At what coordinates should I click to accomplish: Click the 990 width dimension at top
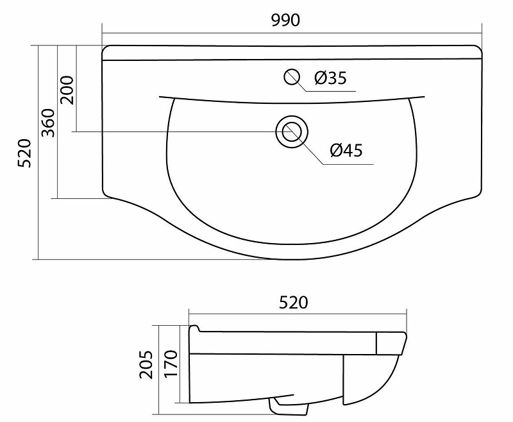tap(286, 20)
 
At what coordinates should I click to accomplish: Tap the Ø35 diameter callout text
tap(331, 78)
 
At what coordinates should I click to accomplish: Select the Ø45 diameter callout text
tap(347, 150)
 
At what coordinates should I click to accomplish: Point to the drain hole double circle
tap(292, 131)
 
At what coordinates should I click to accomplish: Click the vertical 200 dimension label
tap(68, 89)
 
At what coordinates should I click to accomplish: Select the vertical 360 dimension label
tap(49, 122)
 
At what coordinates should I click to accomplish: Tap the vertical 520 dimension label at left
tap(24, 153)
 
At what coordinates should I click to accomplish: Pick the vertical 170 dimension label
tap(170, 364)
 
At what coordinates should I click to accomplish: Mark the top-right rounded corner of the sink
tap(478, 49)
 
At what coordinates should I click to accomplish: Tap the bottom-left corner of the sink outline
tap(106, 194)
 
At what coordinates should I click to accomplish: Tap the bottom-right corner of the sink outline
tap(478, 194)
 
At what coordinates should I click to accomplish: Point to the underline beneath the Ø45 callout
tap(347, 164)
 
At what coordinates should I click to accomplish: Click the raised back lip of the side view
tap(195, 330)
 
